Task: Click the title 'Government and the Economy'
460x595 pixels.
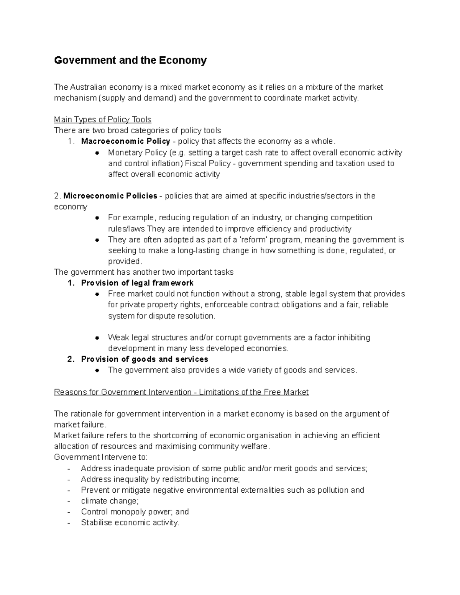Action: point(130,61)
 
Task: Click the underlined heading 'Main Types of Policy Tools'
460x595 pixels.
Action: point(103,120)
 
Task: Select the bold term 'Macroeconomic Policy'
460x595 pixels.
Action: point(125,141)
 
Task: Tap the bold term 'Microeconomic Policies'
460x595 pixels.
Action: point(110,196)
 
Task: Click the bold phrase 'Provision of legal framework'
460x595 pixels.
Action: point(137,283)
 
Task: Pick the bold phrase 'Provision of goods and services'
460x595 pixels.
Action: point(145,359)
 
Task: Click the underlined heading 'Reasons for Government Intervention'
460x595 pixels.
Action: point(123,392)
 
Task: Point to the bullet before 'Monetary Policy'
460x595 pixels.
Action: point(97,153)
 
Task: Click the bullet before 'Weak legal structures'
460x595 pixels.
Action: point(97,338)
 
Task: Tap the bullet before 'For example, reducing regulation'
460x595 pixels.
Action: point(97,218)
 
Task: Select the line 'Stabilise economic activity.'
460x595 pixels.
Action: point(130,523)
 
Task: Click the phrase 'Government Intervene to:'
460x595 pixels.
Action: point(100,457)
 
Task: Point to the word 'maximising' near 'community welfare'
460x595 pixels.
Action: point(175,446)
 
